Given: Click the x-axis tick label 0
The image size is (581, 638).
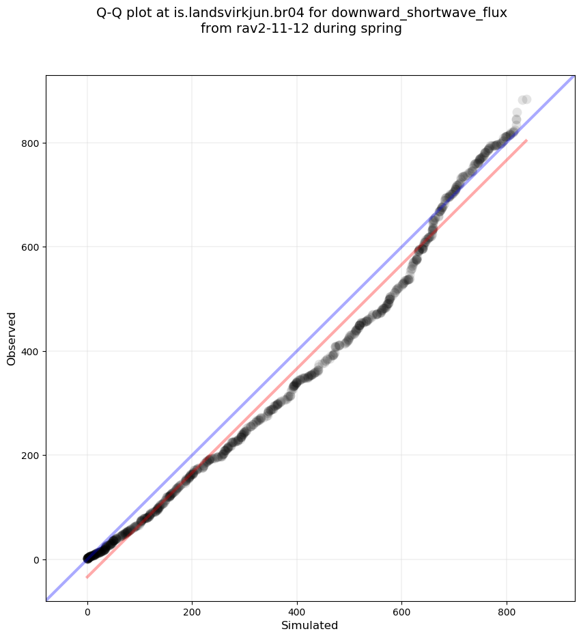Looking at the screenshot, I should (x=87, y=613).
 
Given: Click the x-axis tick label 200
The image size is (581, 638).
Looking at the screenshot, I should (x=192, y=613).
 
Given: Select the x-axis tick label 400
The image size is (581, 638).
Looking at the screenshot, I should (x=297, y=613).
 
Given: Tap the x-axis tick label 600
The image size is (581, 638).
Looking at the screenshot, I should (x=401, y=613).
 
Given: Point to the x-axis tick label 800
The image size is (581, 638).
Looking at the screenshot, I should (x=507, y=613).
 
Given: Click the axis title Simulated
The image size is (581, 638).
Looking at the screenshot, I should (x=310, y=626).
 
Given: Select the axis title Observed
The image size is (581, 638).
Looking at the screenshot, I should (x=12, y=339).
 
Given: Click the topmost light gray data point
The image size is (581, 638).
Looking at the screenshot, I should (x=526, y=100).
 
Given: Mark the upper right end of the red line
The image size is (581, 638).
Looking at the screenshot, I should (x=526, y=140).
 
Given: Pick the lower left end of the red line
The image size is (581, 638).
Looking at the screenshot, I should (x=87, y=577).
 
